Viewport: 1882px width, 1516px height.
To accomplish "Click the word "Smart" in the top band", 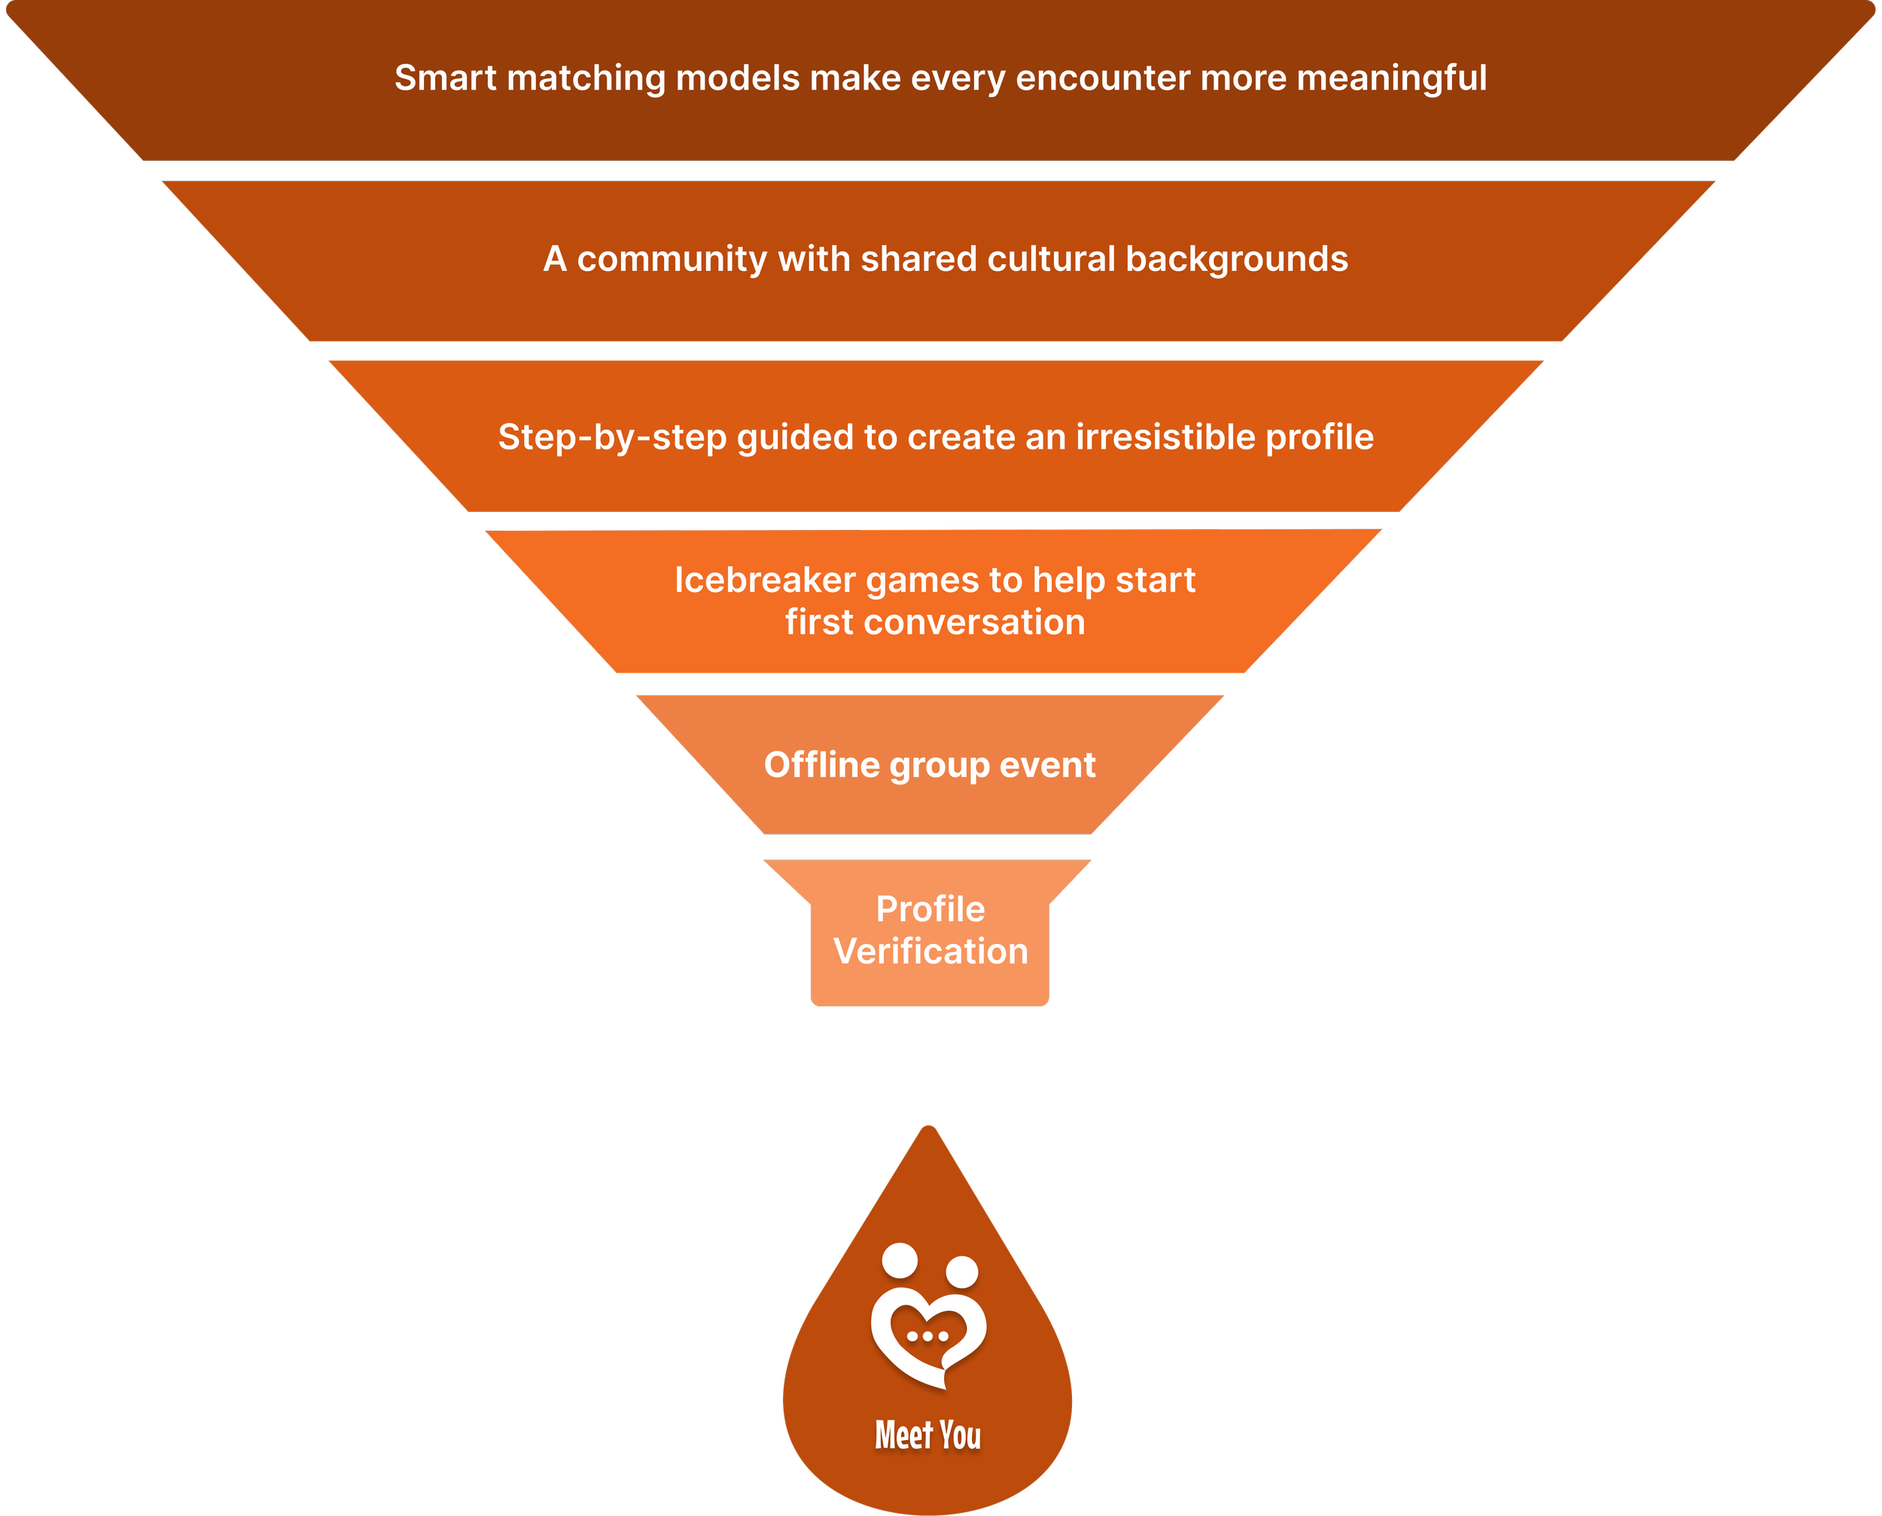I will tap(446, 78).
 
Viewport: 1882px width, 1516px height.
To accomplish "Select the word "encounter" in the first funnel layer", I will tap(1103, 78).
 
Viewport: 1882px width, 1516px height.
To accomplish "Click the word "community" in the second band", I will tap(671, 260).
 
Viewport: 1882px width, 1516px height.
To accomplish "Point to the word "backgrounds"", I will tap(1237, 260).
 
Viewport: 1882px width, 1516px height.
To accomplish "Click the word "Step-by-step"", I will tap(612, 437).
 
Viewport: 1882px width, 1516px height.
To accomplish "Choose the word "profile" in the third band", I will tap(1320, 437).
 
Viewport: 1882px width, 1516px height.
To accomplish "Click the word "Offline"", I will tap(822, 765).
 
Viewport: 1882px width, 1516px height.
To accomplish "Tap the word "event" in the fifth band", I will tap(1047, 765).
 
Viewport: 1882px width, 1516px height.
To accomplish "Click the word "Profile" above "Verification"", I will tap(931, 910).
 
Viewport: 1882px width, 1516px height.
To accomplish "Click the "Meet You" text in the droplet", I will tap(928, 1435).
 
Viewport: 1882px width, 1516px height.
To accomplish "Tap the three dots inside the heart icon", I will tap(927, 1336).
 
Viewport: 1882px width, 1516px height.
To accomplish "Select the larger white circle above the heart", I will tap(900, 1260).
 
